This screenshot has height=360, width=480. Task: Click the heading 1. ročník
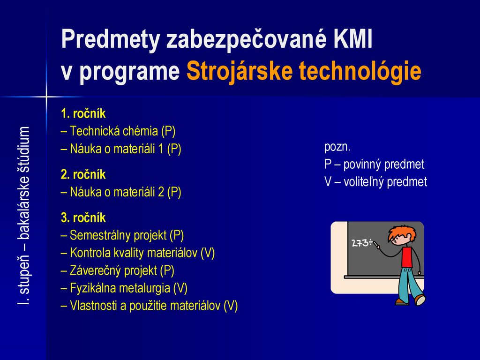coord(83,113)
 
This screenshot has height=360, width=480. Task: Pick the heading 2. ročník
coord(83,174)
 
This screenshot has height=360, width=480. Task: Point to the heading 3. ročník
coord(83,217)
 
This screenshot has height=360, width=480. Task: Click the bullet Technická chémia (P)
coord(119,131)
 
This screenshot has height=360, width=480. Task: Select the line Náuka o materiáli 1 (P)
coord(121,149)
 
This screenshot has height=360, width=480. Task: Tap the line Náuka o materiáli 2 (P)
coord(121,192)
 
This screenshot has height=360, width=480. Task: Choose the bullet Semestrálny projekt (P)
coord(122,235)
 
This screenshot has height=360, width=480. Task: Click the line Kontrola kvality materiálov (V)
coord(138,253)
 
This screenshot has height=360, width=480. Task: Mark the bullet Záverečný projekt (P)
coord(118,270)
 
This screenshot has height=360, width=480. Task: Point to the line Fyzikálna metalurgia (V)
coord(124,288)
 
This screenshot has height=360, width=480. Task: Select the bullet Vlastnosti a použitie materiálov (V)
coord(150,306)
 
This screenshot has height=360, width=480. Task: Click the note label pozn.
coord(337,147)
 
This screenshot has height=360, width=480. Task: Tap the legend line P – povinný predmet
coord(375,165)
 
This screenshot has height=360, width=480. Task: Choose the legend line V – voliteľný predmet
coord(375,182)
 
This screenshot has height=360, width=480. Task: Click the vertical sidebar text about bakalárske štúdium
coord(23,216)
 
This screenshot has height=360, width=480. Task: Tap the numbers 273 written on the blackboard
coord(360,243)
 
